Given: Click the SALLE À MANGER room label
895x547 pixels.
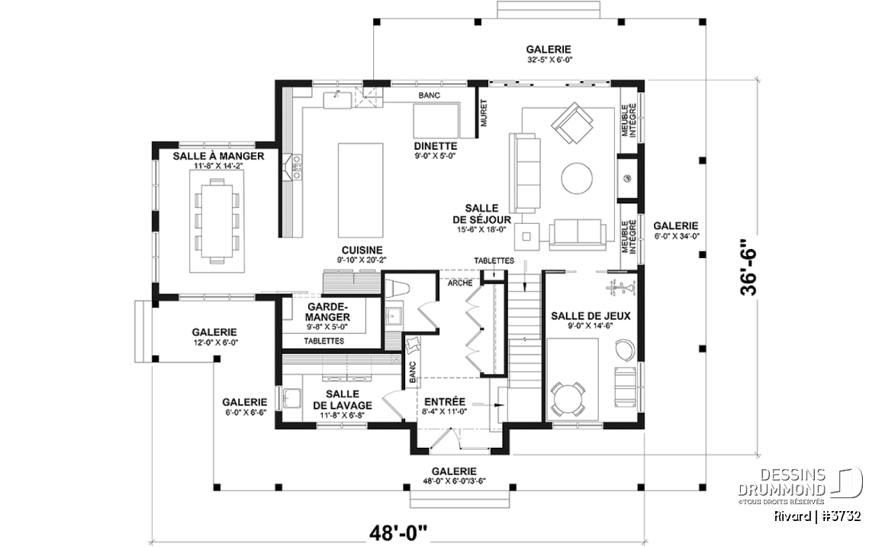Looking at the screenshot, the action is point(219,156).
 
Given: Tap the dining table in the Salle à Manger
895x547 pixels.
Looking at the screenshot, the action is point(217,221).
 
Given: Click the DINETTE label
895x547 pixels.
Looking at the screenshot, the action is point(436,147).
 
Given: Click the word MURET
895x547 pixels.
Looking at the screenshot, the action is point(485,113).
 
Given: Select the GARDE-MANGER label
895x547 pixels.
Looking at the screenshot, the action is point(327,312).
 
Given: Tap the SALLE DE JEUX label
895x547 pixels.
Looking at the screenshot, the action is point(591,316).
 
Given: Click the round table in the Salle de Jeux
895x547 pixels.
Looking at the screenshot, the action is point(568,398).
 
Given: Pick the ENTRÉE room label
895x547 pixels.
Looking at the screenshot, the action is point(445,402).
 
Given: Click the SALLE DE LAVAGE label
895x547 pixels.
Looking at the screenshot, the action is point(343,400).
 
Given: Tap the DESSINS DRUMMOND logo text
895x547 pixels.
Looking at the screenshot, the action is point(782,482).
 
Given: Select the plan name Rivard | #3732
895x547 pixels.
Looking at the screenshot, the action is point(817,516).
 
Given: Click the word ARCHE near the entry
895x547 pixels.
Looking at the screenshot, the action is point(460,283).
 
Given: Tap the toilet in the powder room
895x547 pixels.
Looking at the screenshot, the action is point(398,288).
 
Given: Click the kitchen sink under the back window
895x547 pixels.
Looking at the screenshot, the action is point(336,99).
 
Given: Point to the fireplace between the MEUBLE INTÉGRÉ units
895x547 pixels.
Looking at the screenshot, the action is point(628,178).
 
